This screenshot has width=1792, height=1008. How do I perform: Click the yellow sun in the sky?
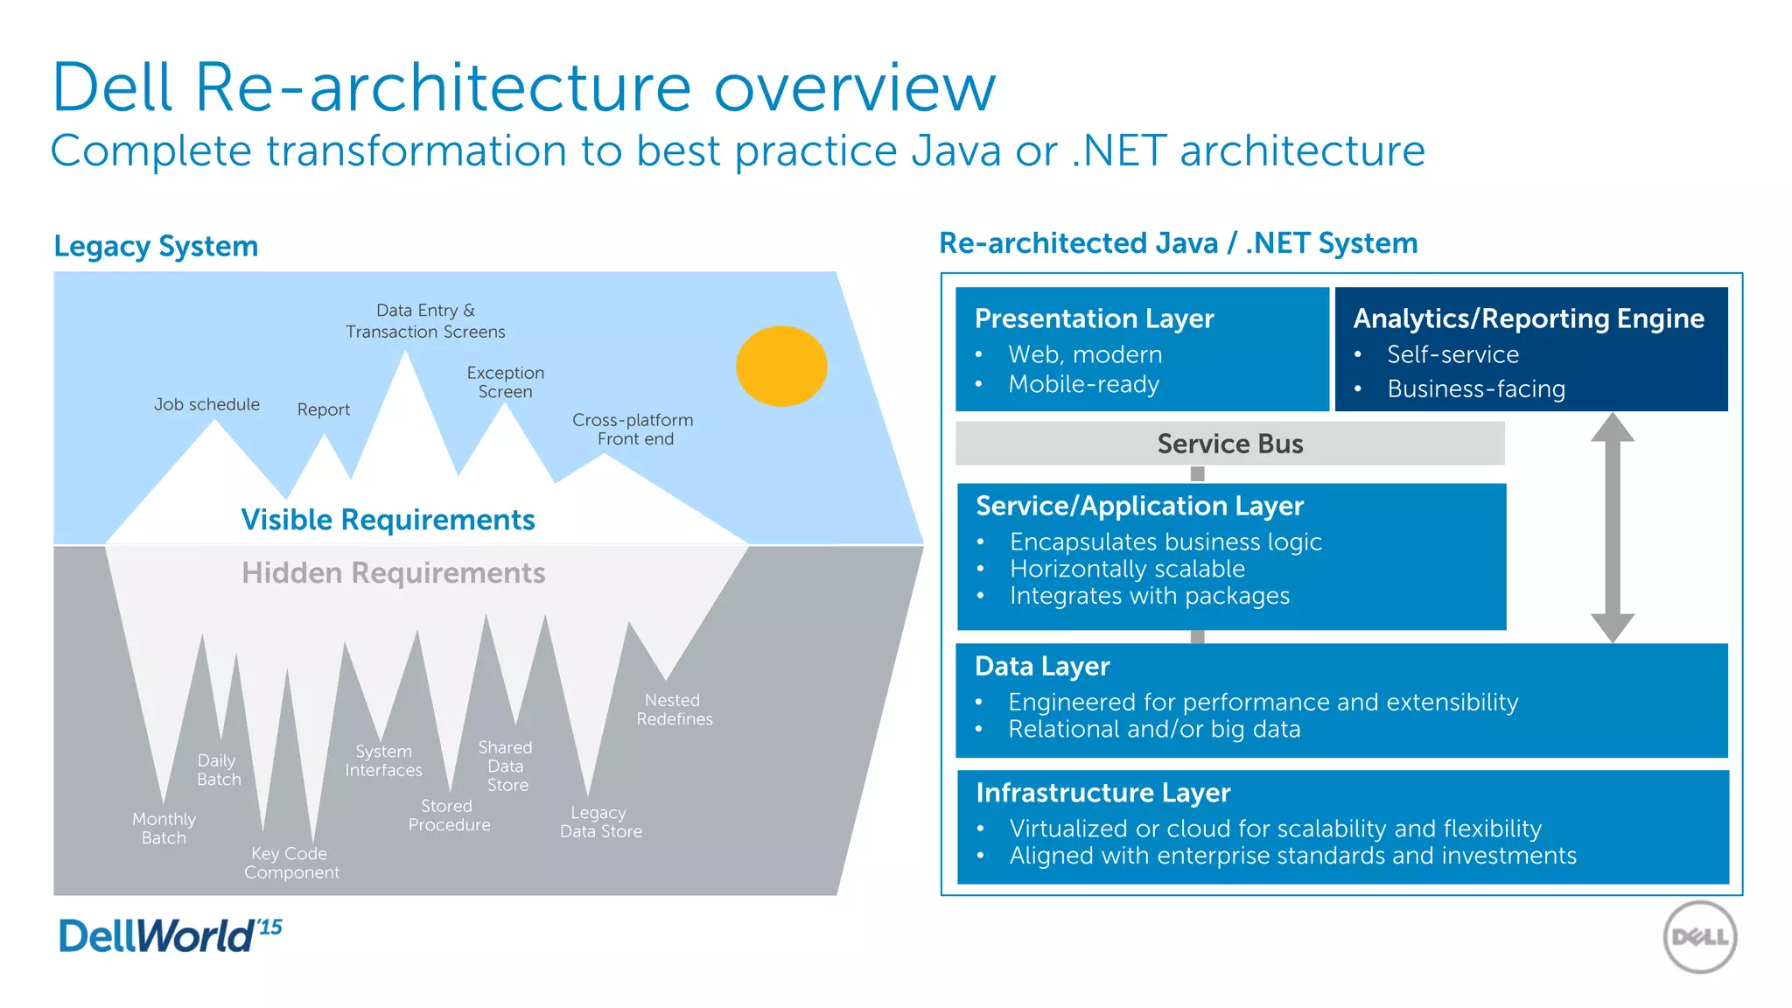pyautogui.click(x=781, y=366)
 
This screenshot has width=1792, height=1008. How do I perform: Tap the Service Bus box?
pyautogui.click(x=1229, y=444)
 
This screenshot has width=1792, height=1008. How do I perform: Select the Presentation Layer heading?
pyautogui.click(x=1094, y=318)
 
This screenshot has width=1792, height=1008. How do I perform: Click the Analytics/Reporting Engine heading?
pyautogui.click(x=1528, y=318)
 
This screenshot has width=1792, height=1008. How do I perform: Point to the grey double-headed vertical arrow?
pyautogui.click(x=1612, y=528)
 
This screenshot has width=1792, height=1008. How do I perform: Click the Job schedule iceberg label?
pyautogui.click(x=206, y=404)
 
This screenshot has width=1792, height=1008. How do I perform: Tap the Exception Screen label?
pyautogui.click(x=505, y=382)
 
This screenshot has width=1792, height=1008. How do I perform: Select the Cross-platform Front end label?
pyautogui.click(x=633, y=429)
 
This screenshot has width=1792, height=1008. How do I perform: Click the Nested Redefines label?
pyautogui.click(x=674, y=710)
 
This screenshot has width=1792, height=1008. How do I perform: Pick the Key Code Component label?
pyautogui.click(x=291, y=863)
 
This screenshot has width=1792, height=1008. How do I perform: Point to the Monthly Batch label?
pyautogui.click(x=164, y=828)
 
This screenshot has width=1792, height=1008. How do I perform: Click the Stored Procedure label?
pyautogui.click(x=448, y=815)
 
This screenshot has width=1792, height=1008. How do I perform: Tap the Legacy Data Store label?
pyautogui.click(x=600, y=822)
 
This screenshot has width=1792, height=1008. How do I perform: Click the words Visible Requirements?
pyautogui.click(x=388, y=520)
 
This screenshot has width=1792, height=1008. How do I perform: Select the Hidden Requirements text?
pyautogui.click(x=393, y=573)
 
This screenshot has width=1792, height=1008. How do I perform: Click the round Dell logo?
pyautogui.click(x=1699, y=937)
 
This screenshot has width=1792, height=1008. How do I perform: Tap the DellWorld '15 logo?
pyautogui.click(x=170, y=935)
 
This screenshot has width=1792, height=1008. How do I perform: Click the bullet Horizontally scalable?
pyautogui.click(x=1126, y=569)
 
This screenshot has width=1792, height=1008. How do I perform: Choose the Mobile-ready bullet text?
pyautogui.click(x=1083, y=384)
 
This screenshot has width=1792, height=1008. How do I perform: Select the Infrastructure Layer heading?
pyautogui.click(x=1102, y=793)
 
